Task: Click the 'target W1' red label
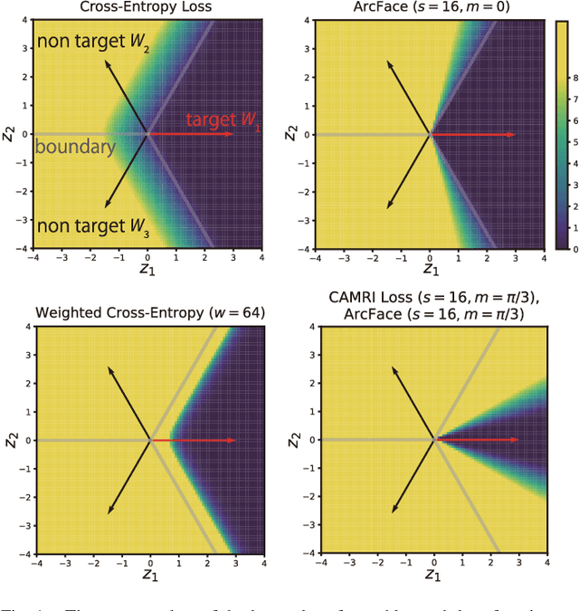pos(223,121)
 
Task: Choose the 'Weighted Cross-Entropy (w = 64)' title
pos(150,313)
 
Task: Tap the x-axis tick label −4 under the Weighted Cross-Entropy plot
pos(35,564)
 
